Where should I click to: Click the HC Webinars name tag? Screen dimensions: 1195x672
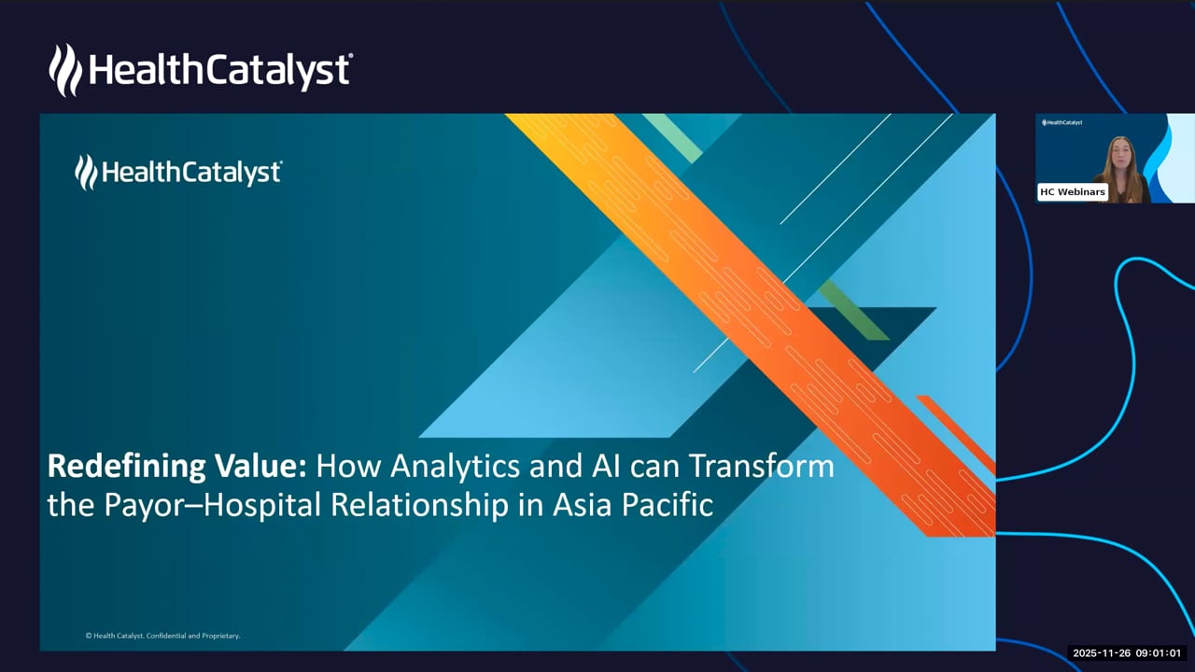tap(1073, 192)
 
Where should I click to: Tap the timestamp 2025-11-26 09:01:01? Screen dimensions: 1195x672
tap(1127, 652)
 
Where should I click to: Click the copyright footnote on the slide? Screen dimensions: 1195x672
tap(162, 636)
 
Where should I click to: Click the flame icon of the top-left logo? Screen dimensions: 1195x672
tap(65, 70)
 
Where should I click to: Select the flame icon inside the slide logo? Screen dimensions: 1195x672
tap(86, 173)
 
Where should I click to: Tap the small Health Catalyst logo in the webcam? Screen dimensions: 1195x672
tap(1062, 122)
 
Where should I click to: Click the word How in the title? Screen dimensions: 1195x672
tap(348, 466)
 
